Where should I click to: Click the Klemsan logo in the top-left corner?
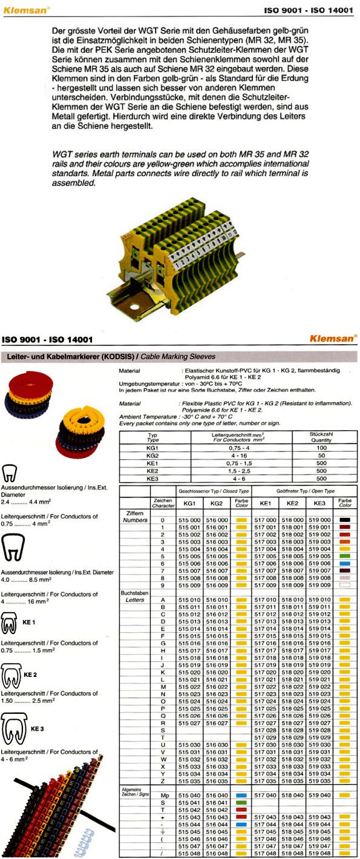[25, 10]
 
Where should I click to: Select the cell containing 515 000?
[189, 520]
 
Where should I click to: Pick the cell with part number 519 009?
[319, 586]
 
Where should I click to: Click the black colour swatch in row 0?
[345, 520]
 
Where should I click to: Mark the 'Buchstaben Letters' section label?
[134, 597]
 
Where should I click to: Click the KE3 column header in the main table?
[319, 503]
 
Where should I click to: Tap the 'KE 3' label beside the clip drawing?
[38, 729]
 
